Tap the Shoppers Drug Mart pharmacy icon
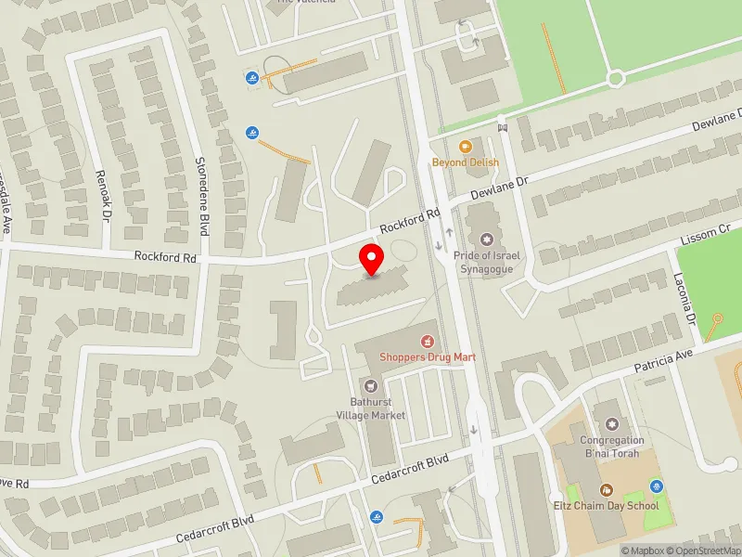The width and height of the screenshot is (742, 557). [428, 341]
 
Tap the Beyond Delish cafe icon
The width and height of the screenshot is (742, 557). [466, 146]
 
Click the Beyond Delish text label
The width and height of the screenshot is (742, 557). [466, 162]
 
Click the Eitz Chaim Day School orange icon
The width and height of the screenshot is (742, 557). [606, 489]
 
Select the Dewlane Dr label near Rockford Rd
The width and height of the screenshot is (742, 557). [498, 188]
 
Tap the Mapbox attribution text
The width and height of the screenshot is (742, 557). [646, 551]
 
